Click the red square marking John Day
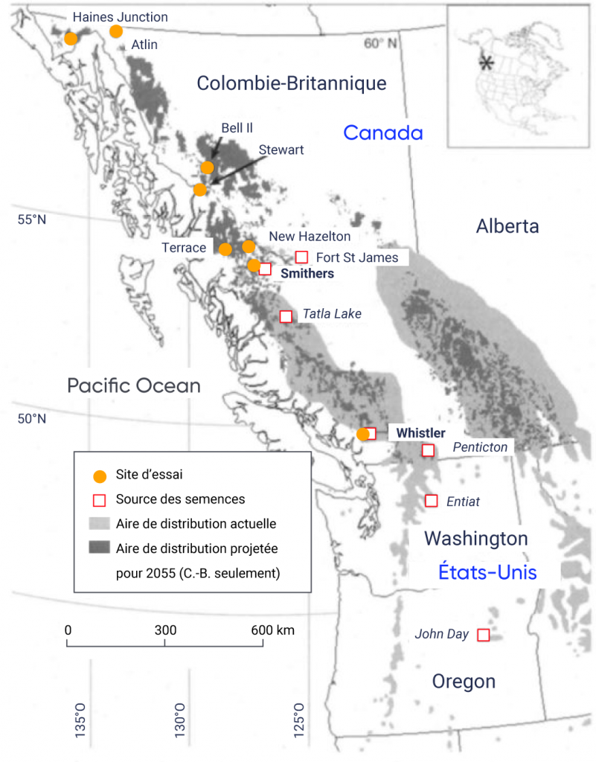click(x=483, y=635)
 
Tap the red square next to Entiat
click(x=431, y=501)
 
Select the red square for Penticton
click(x=428, y=449)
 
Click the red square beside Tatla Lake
click(x=286, y=316)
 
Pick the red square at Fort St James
click(x=302, y=257)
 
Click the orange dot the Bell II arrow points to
click(x=208, y=167)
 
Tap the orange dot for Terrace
click(x=225, y=249)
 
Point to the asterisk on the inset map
click(x=486, y=63)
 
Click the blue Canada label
click(x=382, y=133)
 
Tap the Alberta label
click(x=507, y=226)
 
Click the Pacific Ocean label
click(x=134, y=385)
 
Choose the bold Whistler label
click(x=420, y=433)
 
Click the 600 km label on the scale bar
click(x=273, y=630)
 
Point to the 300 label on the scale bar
click(x=165, y=630)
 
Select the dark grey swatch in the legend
click(x=99, y=548)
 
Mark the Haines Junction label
click(x=120, y=16)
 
